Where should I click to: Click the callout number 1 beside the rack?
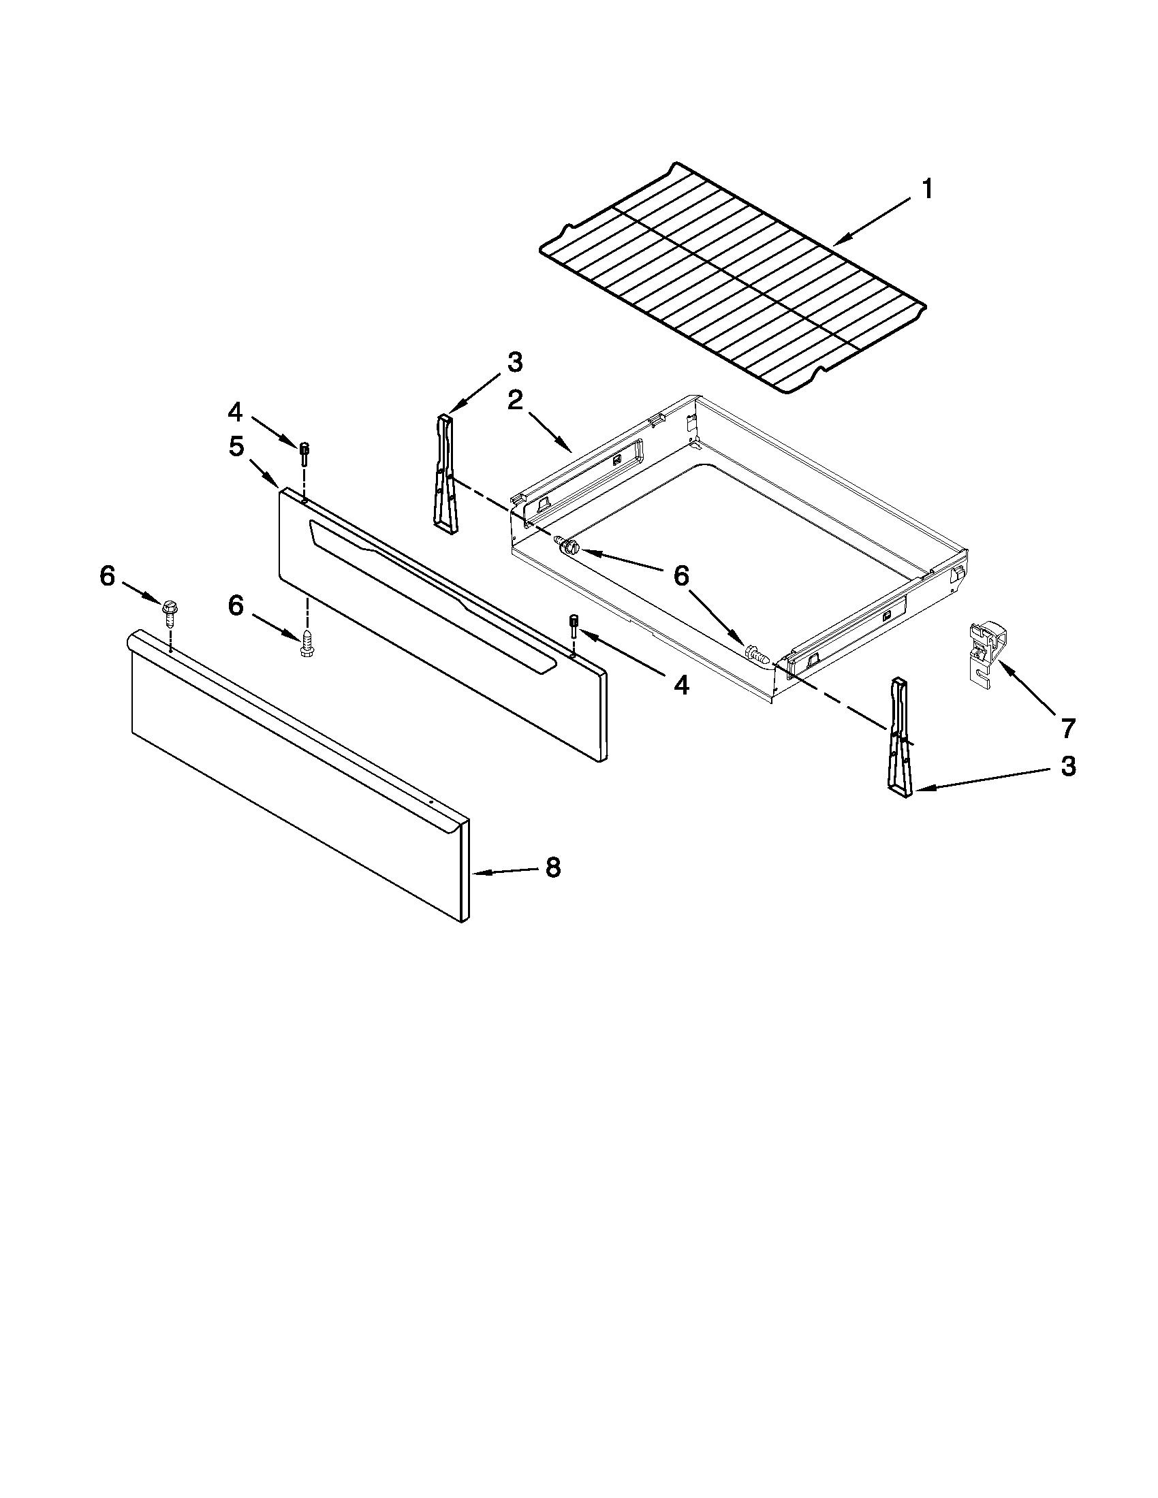[x=926, y=189]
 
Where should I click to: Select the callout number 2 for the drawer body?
[x=515, y=401]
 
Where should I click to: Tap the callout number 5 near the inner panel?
[x=236, y=447]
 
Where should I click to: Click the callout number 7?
[x=1067, y=729]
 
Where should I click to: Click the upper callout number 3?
[x=514, y=362]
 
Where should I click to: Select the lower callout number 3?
[x=1068, y=767]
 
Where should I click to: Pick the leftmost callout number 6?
[x=108, y=576]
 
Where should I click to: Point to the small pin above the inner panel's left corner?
[x=304, y=453]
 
